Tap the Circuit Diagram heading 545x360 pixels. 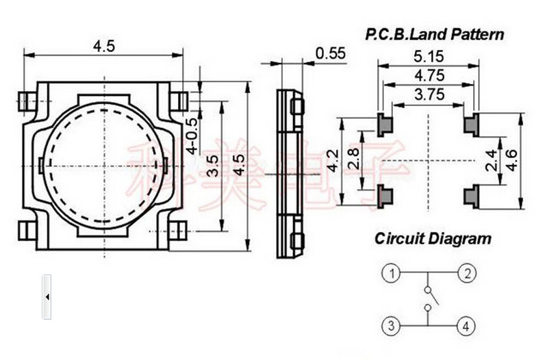pos(433,239)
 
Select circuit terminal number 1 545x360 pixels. pos(390,274)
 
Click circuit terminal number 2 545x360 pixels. pos(466,274)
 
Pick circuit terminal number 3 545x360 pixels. pos(390,326)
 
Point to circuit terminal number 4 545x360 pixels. pos(466,326)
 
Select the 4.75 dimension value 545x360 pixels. pos(429,75)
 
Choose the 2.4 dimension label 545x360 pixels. pos(492,162)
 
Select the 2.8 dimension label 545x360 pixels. pos(353,162)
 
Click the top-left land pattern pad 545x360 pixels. pos(385,124)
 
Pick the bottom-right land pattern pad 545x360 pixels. pos(472,195)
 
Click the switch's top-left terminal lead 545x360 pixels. pos(27,101)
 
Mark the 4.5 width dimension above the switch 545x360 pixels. pos(104,46)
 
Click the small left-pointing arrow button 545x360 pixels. pos(47,297)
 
